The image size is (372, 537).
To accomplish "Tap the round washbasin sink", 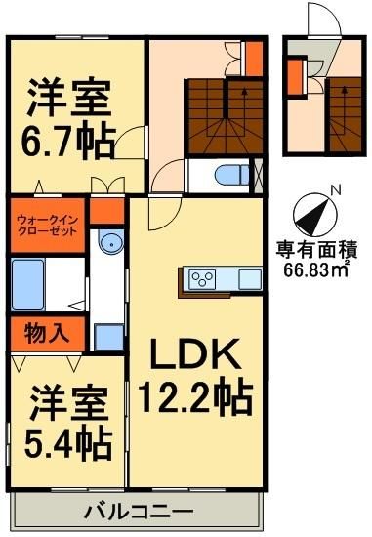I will pyautogui.click(x=108, y=242).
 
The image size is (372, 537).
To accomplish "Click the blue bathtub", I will pyautogui.click(x=28, y=283).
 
